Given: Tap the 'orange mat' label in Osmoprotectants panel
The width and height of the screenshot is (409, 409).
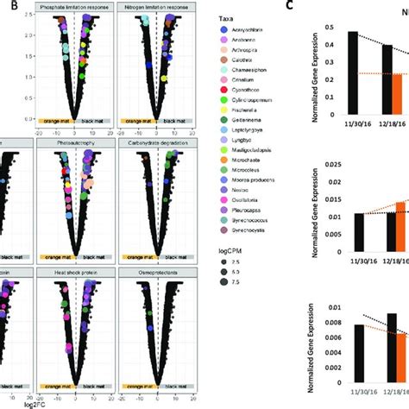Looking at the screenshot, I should tap(136, 385).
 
